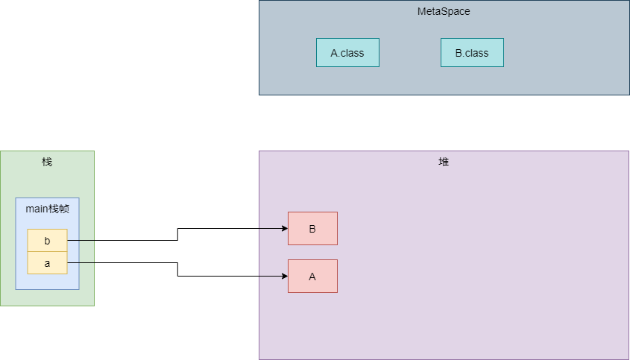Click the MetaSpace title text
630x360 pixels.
pyautogui.click(x=444, y=12)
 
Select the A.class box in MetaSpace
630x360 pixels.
pyautogui.click(x=347, y=53)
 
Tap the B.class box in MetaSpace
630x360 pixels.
pyautogui.click(x=472, y=53)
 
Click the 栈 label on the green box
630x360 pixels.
pyautogui.click(x=47, y=162)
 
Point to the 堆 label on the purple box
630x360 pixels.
pyautogui.click(x=444, y=162)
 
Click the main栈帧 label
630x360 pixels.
pyautogui.click(x=47, y=209)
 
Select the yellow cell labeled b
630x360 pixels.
pyautogui.click(x=47, y=241)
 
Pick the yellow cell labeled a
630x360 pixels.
pyautogui.click(x=47, y=263)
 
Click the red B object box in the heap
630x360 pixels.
pyautogui.click(x=312, y=228)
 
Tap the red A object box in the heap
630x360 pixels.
pyautogui.click(x=312, y=276)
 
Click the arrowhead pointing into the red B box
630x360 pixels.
pyautogui.click(x=284, y=229)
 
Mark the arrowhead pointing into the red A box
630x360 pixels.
pyautogui.click(x=284, y=277)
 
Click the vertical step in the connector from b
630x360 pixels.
pyautogui.click(x=177, y=235)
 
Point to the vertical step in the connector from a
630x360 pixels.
pyautogui.click(x=177, y=269)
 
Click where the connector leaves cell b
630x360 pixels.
pyautogui.click(x=69, y=241)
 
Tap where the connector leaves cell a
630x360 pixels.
pyautogui.click(x=69, y=262)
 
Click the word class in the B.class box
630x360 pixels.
pyautogui.click(x=477, y=53)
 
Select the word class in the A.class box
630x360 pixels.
pyautogui.click(x=352, y=53)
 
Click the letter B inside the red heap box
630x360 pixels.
pyautogui.click(x=312, y=229)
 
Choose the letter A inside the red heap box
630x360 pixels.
pyautogui.click(x=312, y=277)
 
